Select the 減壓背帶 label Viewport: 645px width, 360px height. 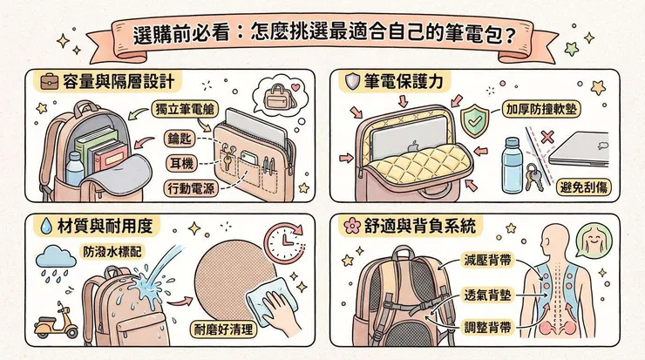click(x=487, y=260)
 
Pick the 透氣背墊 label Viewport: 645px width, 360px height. click(x=487, y=294)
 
